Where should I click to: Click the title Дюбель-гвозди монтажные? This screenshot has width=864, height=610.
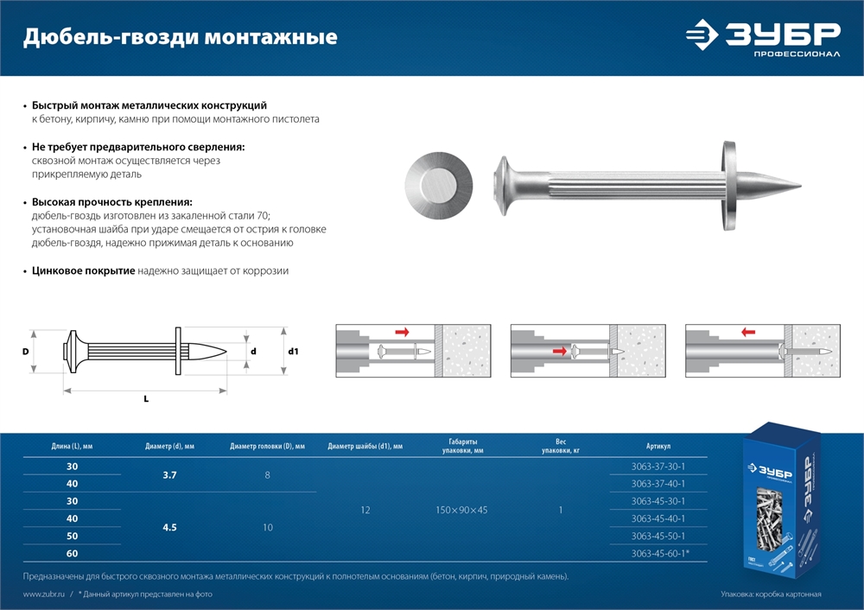point(179,37)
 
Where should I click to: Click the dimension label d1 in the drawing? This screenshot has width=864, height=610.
point(293,352)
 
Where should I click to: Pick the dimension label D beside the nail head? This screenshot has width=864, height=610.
point(26,352)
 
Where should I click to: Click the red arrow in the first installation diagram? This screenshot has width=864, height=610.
point(403,332)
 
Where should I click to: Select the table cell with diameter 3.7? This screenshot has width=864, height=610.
point(170,475)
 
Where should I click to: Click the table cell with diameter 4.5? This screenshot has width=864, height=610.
point(170,527)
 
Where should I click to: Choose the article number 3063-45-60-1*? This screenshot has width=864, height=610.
point(659,554)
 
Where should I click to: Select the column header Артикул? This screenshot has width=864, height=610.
point(658,447)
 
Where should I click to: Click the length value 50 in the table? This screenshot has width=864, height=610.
point(72,536)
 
